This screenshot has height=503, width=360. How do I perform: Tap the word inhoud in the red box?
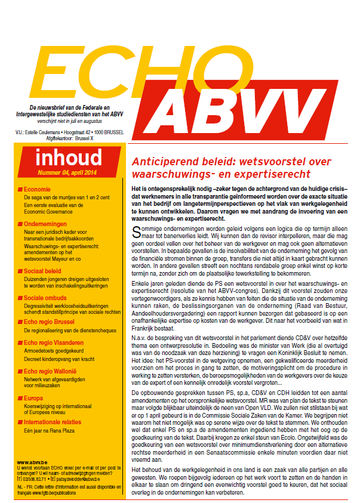[x=68, y=158]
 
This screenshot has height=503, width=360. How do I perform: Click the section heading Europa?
[x=33, y=397]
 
